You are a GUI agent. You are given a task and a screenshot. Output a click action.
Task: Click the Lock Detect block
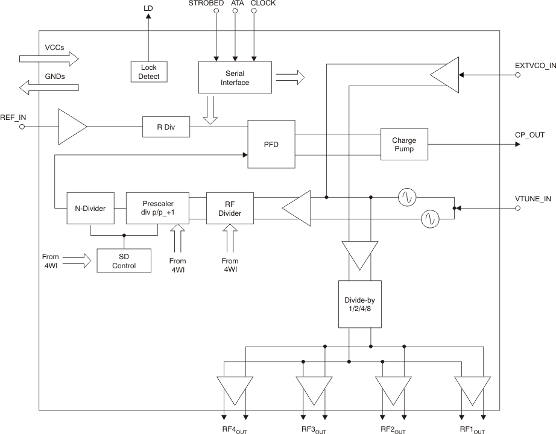click(x=149, y=72)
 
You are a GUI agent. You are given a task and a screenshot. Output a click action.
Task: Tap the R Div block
click(x=166, y=127)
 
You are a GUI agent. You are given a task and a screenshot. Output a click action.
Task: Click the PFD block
click(x=271, y=145)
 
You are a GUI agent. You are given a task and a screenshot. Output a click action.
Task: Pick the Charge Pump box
click(x=404, y=144)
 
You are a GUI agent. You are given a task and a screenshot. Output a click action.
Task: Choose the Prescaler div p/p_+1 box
click(x=157, y=209)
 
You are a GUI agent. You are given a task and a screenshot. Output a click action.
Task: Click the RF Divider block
click(x=230, y=209)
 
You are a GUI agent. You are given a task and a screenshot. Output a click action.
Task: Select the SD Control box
click(x=124, y=260)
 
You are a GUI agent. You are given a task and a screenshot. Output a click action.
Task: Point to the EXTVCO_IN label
click(x=535, y=64)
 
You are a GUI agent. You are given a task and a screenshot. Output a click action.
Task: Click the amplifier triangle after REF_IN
click(x=71, y=127)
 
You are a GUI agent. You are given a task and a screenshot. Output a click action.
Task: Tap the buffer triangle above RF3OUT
click(x=314, y=390)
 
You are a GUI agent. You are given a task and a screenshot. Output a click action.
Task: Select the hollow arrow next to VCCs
click(x=49, y=58)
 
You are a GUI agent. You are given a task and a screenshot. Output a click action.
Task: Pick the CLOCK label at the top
click(x=263, y=4)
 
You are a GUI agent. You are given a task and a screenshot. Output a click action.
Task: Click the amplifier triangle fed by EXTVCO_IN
click(x=445, y=75)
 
